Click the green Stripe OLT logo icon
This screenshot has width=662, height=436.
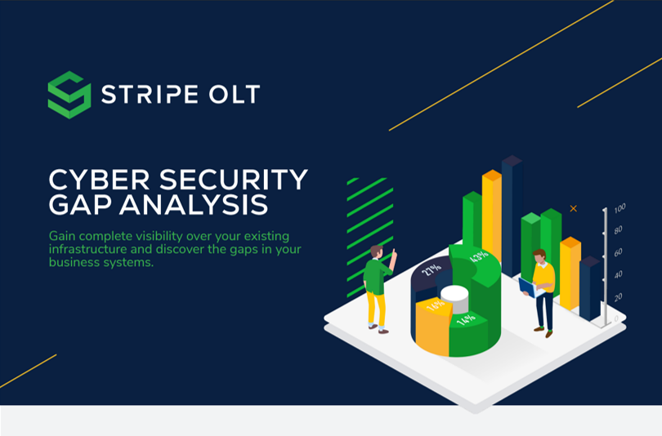pyautogui.click(x=69, y=95)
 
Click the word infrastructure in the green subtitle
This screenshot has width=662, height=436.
pyautogui.click(x=87, y=249)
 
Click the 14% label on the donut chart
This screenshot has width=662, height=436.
pyautogui.click(x=466, y=318)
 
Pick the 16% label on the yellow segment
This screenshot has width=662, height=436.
pyautogui.click(x=435, y=305)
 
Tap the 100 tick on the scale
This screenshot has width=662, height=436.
pyautogui.click(x=620, y=208)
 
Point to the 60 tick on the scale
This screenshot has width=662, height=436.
pyautogui.click(x=619, y=251)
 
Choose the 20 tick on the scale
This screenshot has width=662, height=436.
pyautogui.click(x=618, y=296)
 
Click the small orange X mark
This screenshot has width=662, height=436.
pyautogui.click(x=573, y=209)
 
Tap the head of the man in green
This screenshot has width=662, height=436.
pyautogui.click(x=378, y=251)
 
